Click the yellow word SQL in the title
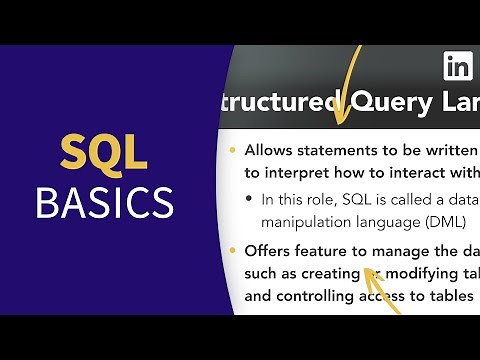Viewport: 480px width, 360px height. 103,152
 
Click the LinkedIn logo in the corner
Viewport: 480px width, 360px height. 458,68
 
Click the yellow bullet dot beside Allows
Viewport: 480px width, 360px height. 233,151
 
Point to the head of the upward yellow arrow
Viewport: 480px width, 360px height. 367,270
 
